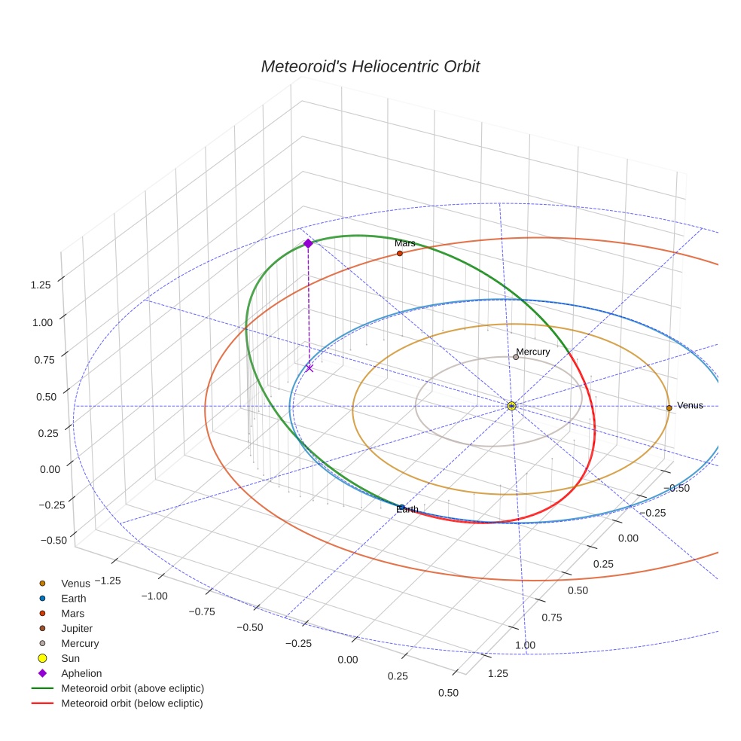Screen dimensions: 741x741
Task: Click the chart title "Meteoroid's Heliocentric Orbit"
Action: pyautogui.click(x=370, y=66)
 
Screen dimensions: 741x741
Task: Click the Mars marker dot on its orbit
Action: pyautogui.click(x=399, y=253)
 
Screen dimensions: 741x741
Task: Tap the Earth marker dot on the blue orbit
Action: pyautogui.click(x=401, y=508)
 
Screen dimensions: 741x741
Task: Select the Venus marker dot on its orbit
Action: pyautogui.click(x=669, y=408)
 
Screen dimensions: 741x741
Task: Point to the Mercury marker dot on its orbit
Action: pyautogui.click(x=516, y=357)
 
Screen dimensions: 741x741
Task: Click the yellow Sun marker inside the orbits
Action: pyautogui.click(x=511, y=406)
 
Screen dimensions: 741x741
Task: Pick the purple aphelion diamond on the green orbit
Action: pyautogui.click(x=308, y=243)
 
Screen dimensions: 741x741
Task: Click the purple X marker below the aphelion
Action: pyautogui.click(x=310, y=368)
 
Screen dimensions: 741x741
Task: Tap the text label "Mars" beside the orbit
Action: pyautogui.click(x=404, y=243)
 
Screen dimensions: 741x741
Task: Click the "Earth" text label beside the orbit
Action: pyautogui.click(x=407, y=510)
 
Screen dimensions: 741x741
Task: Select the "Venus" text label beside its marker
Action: pyautogui.click(x=690, y=405)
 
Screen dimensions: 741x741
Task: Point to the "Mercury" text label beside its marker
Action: pyautogui.click(x=533, y=352)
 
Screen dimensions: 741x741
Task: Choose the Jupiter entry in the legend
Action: pyautogui.click(x=77, y=628)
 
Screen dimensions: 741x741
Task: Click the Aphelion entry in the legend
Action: pyautogui.click(x=81, y=673)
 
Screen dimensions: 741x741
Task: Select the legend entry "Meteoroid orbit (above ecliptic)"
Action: pyautogui.click(x=133, y=688)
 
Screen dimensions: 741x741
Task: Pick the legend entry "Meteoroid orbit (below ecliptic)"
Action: pyautogui.click(x=133, y=703)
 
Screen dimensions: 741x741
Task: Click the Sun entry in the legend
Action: pyautogui.click(x=71, y=658)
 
